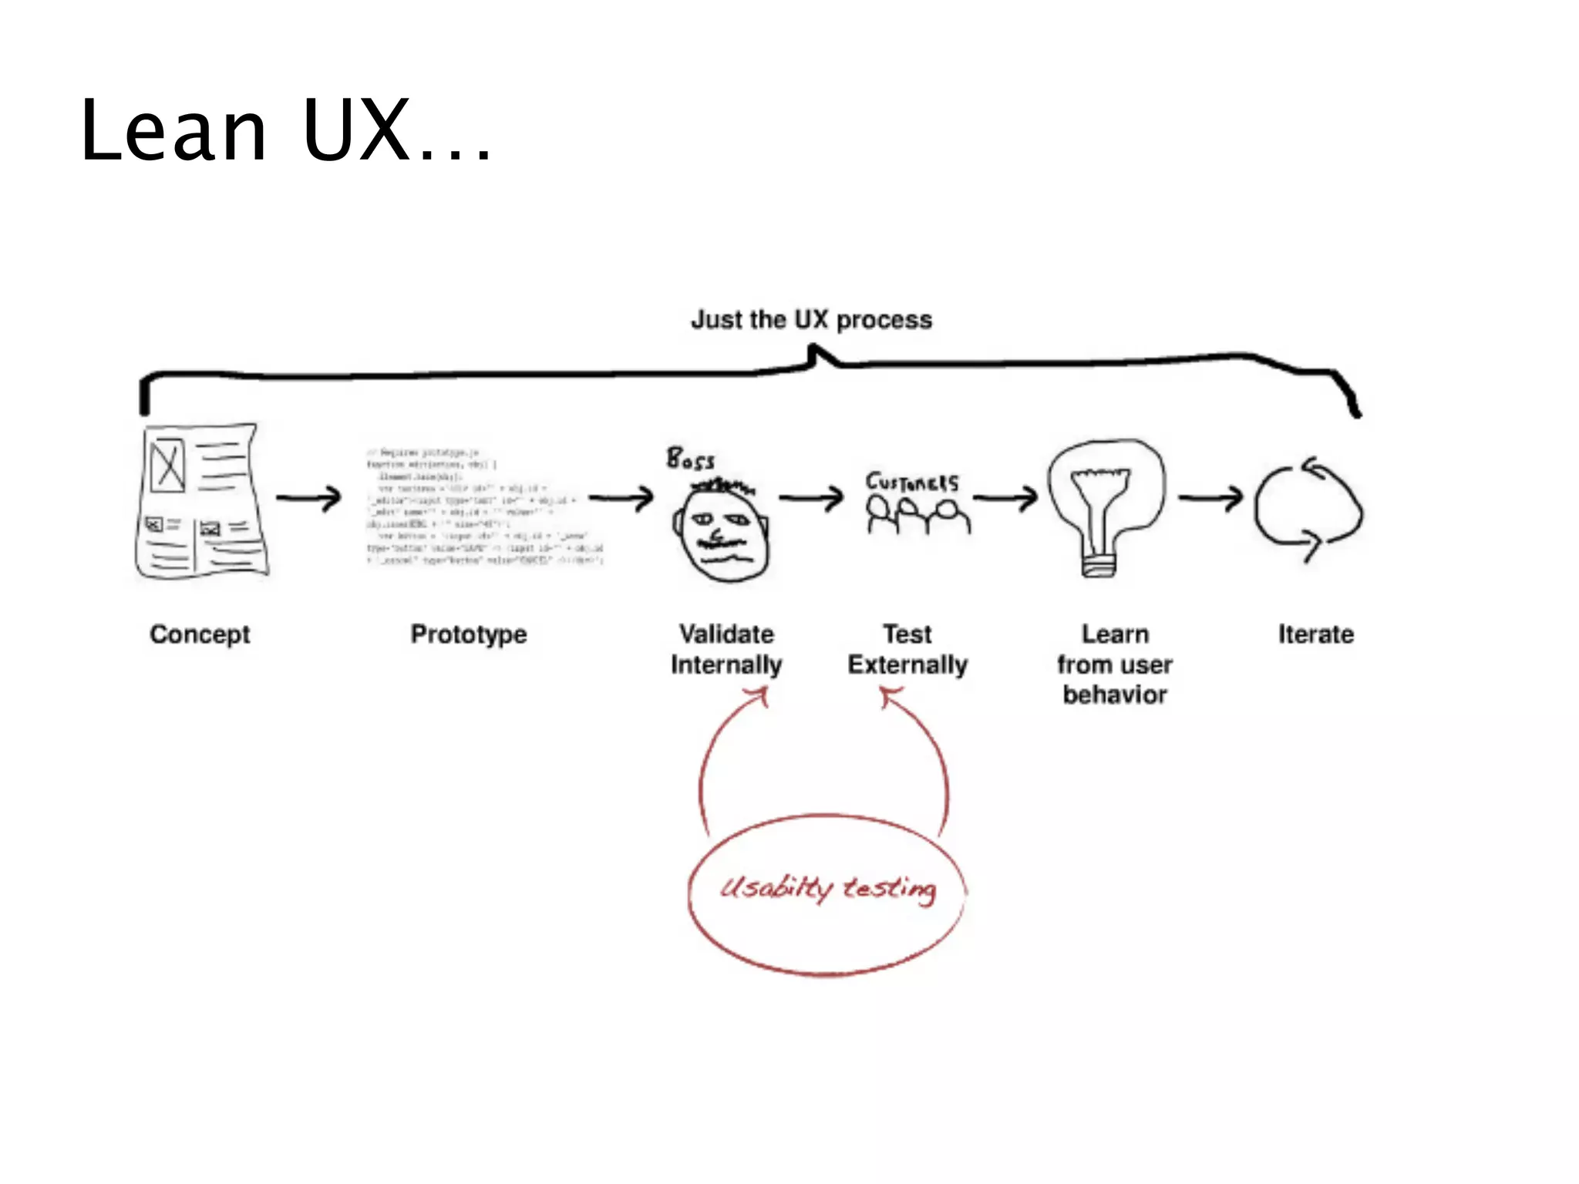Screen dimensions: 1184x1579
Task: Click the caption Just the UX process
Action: pos(811,319)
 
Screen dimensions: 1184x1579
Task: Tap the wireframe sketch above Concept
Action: pos(202,500)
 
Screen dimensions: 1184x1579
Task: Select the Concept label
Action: pos(200,634)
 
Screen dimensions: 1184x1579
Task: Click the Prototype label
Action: pos(469,634)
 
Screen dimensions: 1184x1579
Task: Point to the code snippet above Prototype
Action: pos(484,506)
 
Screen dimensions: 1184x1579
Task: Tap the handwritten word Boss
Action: pos(690,459)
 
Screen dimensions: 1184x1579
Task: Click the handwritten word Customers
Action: pos(911,482)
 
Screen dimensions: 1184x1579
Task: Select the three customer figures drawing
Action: pos(917,515)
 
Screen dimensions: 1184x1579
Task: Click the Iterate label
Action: pos(1315,634)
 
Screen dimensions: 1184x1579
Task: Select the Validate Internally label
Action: pos(726,649)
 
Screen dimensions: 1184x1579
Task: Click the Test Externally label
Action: pos(907,649)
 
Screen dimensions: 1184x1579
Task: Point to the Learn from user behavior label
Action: pos(1114,664)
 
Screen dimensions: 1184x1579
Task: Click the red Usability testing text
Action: pos(828,889)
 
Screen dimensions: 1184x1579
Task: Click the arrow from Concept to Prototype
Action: pos(308,498)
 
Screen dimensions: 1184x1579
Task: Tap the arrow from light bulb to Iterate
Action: pos(1210,498)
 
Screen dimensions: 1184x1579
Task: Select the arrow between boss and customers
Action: pos(811,498)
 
